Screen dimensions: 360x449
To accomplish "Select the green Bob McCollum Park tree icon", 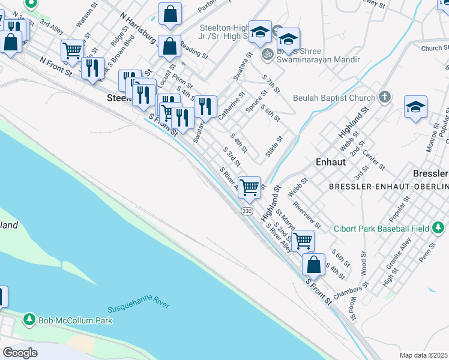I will (x=29, y=320).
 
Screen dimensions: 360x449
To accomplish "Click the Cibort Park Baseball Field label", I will (x=388, y=229).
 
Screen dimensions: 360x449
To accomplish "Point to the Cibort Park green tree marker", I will (x=439, y=228).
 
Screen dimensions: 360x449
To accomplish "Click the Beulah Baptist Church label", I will (x=334, y=98).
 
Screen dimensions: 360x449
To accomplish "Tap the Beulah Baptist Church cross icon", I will (x=384, y=97).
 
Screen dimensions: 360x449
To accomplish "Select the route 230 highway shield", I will (x=247, y=211).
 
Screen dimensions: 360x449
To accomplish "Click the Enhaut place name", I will (x=330, y=162).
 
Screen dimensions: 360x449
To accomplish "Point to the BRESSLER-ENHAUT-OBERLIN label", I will (x=388, y=187).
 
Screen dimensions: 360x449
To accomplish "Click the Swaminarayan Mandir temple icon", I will (x=267, y=54).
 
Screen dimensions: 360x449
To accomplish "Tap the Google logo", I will (x=19, y=352).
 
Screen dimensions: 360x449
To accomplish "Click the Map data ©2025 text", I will (x=423, y=355).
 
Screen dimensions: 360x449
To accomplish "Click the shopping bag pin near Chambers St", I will (x=313, y=263).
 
